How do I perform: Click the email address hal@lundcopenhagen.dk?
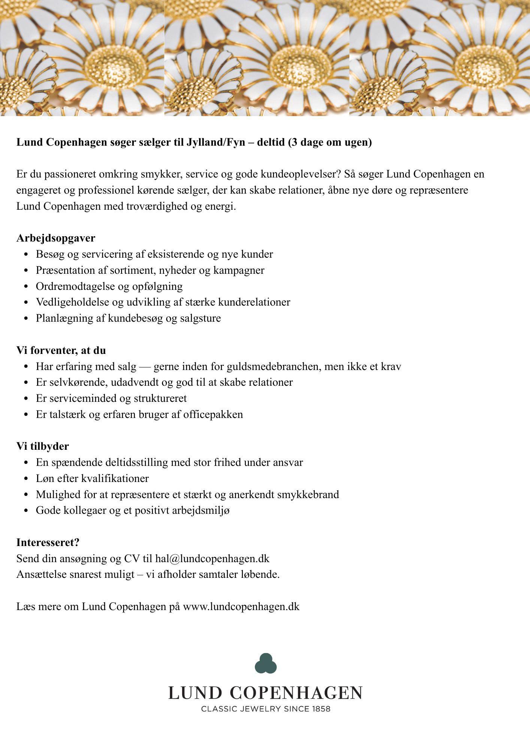tap(212, 558)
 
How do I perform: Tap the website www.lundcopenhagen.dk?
tap(241, 606)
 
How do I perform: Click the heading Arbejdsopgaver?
tap(56, 238)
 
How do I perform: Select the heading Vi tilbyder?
tap(43, 446)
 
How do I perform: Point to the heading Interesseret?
tap(48, 542)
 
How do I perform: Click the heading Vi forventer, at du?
tap(61, 350)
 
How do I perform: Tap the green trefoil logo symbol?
tap(265, 663)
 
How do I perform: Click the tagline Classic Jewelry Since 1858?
tap(265, 709)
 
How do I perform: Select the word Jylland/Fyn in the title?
tap(216, 142)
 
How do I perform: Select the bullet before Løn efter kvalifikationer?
tap(26, 479)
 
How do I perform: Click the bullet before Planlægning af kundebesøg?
tap(26, 318)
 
